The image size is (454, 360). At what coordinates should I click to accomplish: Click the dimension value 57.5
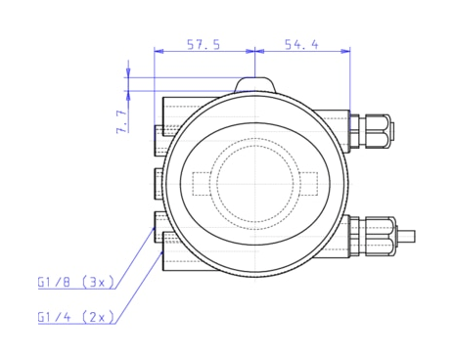coord(204,44)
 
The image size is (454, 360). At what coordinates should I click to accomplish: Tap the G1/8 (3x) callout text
coord(76,283)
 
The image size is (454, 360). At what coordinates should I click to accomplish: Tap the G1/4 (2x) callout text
coord(76,317)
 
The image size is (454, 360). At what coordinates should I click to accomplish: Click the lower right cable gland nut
coord(378,235)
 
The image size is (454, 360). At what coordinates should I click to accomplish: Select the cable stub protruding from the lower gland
coord(407,236)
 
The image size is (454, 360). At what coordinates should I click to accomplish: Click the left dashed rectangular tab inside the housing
coord(203,184)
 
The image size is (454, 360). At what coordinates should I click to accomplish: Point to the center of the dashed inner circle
coord(254,183)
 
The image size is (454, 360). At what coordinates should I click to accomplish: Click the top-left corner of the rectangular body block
coord(163,98)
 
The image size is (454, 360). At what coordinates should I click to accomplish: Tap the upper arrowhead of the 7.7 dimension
coord(129,75)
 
